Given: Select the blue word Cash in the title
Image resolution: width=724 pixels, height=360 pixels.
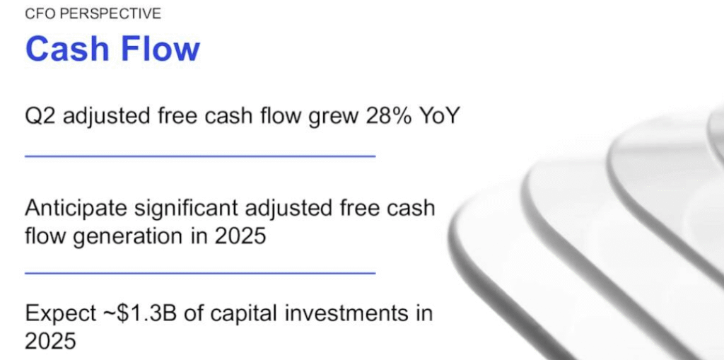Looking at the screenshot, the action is pos(66,49).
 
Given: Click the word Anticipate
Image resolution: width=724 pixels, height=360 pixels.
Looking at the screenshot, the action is pos(76,209).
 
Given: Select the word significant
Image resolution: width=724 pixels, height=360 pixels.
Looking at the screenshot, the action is pos(186,209).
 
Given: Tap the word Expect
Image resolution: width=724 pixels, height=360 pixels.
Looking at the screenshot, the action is pos(61,314).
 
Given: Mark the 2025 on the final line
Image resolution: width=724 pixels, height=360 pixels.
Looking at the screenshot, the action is pos(50,342).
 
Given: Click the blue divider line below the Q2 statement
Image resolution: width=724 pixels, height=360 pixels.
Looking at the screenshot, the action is pos(200,156).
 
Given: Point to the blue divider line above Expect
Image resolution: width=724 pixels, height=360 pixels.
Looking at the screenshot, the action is pos(200,273).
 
